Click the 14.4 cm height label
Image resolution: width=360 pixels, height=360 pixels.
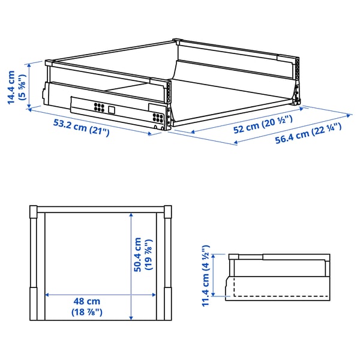coord(11,88)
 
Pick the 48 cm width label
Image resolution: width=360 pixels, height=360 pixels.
coord(86,301)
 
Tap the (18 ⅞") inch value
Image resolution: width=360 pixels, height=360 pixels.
coord(86,312)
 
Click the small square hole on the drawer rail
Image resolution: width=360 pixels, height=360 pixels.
coord(112,110)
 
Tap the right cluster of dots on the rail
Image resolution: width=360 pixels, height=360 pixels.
coord(158,116)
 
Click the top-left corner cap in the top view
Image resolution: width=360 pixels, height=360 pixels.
coord(34,210)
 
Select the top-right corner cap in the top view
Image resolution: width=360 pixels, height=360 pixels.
coord(168,210)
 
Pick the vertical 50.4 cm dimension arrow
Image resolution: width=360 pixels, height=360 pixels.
coord(131,264)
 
